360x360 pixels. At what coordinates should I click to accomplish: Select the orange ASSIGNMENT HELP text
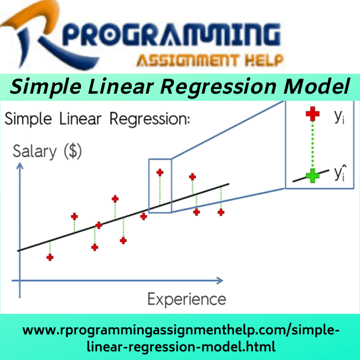point(210,60)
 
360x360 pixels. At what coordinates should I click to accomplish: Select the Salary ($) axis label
point(46,151)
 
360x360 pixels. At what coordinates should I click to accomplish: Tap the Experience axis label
point(187,299)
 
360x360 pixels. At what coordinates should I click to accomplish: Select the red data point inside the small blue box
point(160,172)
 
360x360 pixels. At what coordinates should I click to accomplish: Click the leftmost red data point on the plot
point(50,257)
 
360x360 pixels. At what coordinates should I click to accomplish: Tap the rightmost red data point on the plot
point(221,212)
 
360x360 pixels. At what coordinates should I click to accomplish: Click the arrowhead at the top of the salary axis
point(20,167)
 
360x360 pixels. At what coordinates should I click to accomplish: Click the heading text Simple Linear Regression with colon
point(97,119)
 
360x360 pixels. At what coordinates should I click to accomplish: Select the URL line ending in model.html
point(180,346)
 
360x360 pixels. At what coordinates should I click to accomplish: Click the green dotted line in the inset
point(312,145)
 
